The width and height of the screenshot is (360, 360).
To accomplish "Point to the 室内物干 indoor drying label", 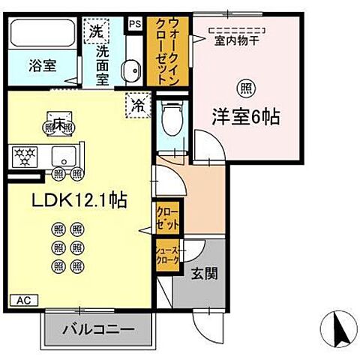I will pyautogui.click(x=238, y=41).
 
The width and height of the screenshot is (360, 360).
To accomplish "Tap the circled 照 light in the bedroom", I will pyautogui.click(x=244, y=88).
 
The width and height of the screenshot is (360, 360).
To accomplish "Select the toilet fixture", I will pyautogui.click(x=171, y=116).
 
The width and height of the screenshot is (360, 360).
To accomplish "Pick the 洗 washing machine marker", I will pyautogui.click(x=95, y=31).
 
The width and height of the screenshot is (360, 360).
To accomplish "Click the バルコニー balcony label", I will pyautogui.click(x=97, y=328).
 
